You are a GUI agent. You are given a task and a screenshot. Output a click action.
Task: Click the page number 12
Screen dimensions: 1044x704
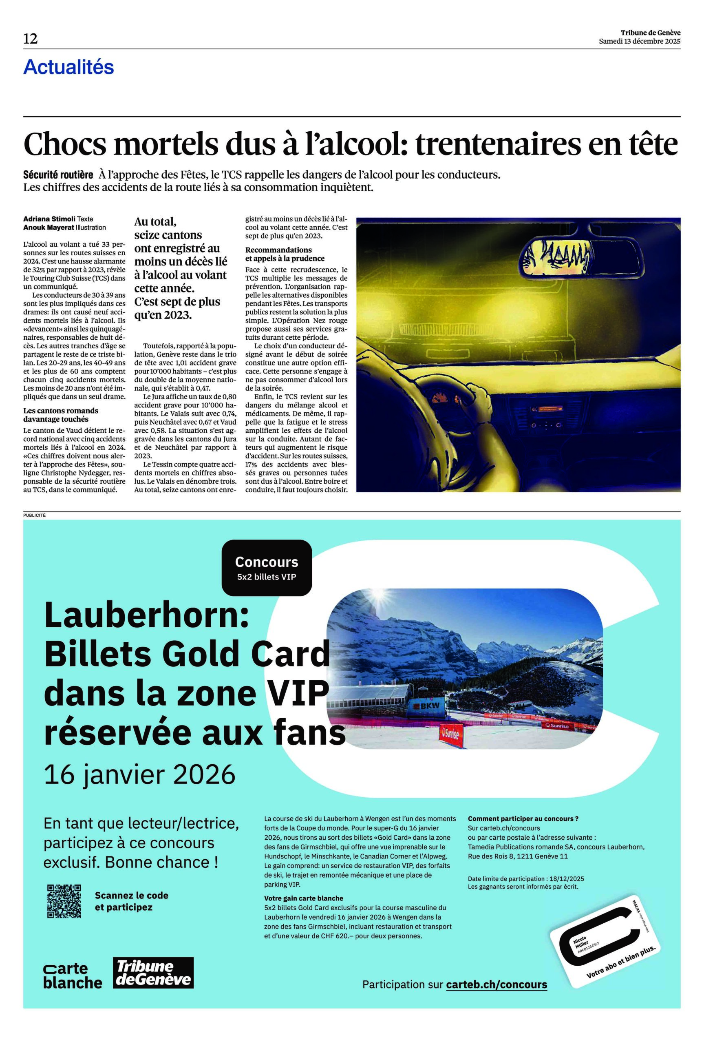click(31, 39)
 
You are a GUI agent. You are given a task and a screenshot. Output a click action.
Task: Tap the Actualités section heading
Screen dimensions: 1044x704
click(69, 67)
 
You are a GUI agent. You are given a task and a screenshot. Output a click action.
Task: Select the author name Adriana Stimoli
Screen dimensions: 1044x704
click(49, 219)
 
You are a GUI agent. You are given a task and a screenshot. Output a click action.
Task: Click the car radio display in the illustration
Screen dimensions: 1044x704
click(547, 409)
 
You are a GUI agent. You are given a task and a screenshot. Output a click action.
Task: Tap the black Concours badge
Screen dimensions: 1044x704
click(266, 568)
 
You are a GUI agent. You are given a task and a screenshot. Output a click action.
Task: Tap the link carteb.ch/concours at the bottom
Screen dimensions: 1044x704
click(497, 985)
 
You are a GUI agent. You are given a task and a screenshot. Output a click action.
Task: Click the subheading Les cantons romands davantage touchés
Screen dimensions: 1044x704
click(61, 414)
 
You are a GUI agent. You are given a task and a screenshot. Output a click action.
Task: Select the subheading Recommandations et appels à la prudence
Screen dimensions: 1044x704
click(285, 254)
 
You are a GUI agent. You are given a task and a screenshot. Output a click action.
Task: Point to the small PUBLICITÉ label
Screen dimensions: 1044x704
click(35, 515)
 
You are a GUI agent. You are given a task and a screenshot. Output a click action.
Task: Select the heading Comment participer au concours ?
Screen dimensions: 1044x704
click(523, 818)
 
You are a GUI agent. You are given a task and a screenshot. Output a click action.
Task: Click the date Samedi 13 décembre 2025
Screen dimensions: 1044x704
click(639, 41)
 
